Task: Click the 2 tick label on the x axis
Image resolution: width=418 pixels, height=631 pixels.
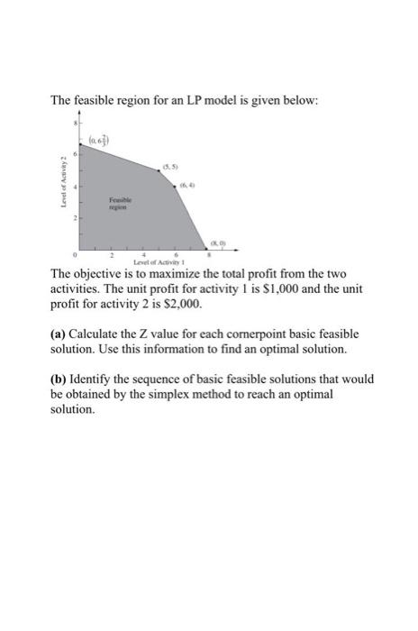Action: (x=112, y=253)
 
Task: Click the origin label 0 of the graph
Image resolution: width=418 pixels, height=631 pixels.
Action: (x=76, y=253)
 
